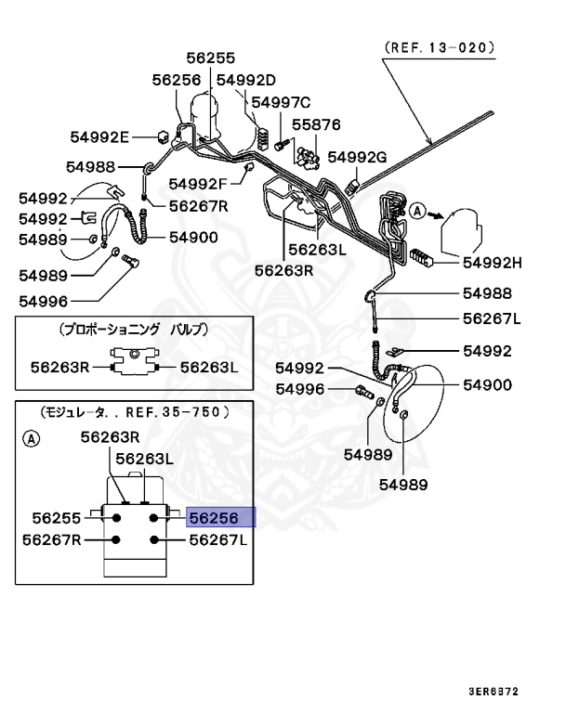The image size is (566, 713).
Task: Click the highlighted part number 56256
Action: [x=220, y=518]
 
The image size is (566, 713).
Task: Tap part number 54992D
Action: [x=246, y=81]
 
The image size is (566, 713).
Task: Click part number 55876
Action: [x=316, y=123]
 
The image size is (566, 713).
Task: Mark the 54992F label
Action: [x=199, y=183]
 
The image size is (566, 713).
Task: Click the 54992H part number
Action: [x=492, y=262]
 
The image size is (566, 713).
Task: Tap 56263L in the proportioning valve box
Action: [x=209, y=368]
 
